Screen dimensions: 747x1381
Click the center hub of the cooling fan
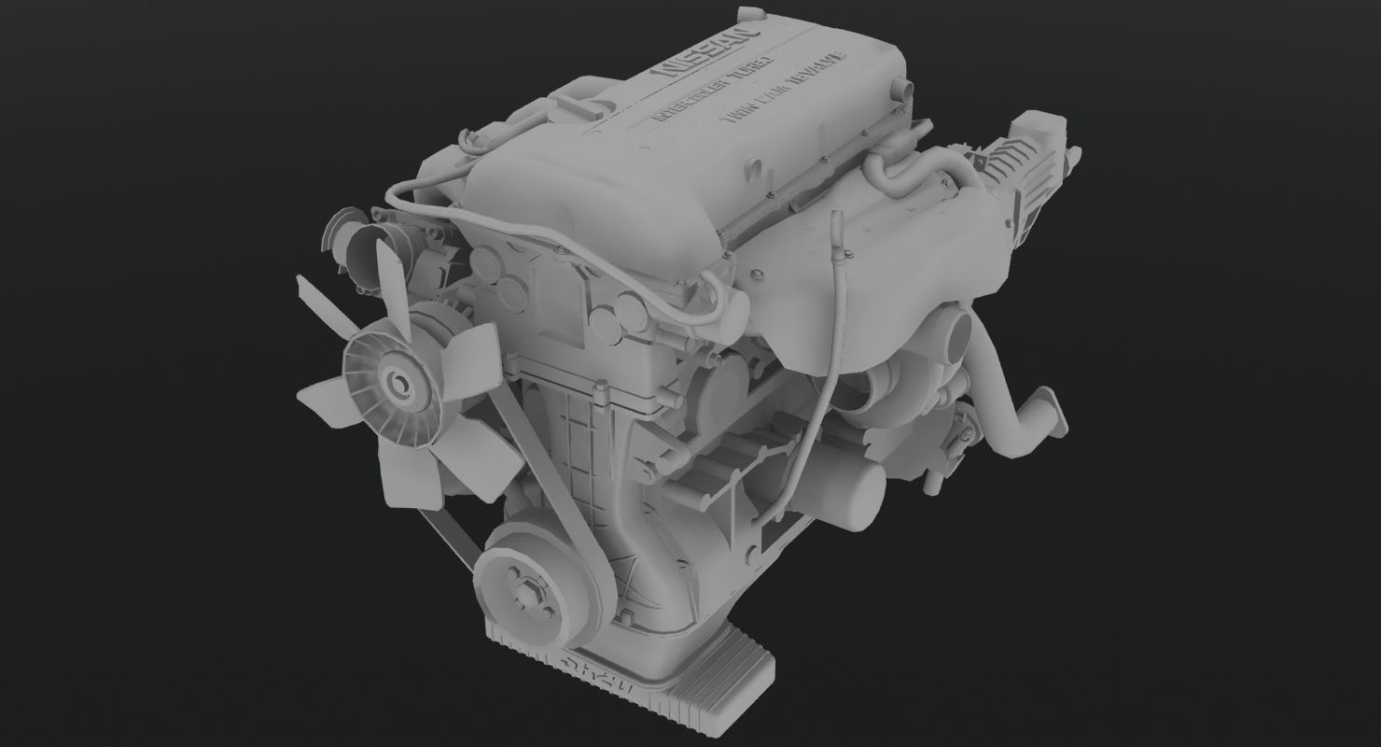[398, 381]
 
